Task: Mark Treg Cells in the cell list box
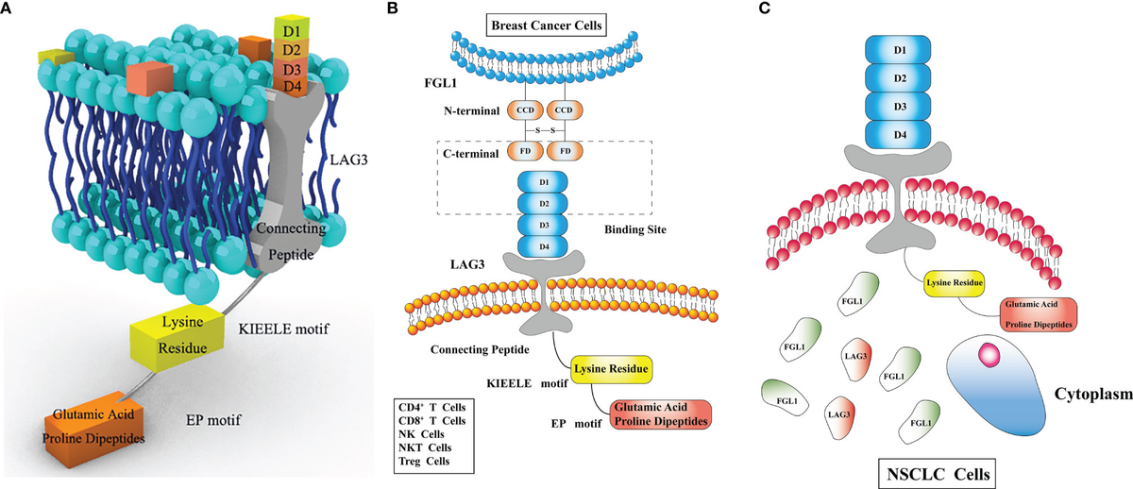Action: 432,461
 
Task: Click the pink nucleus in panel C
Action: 987,355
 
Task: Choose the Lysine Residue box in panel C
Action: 955,282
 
